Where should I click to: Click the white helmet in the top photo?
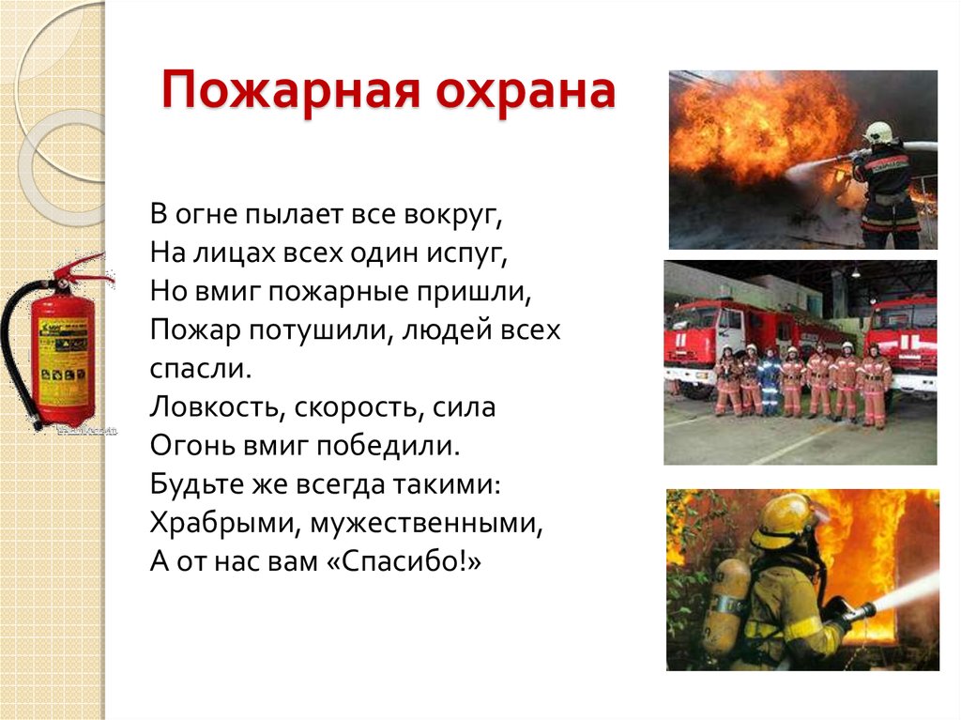tap(878, 132)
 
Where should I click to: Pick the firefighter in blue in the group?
tap(770, 380)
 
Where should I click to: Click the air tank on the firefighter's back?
tap(726, 605)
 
